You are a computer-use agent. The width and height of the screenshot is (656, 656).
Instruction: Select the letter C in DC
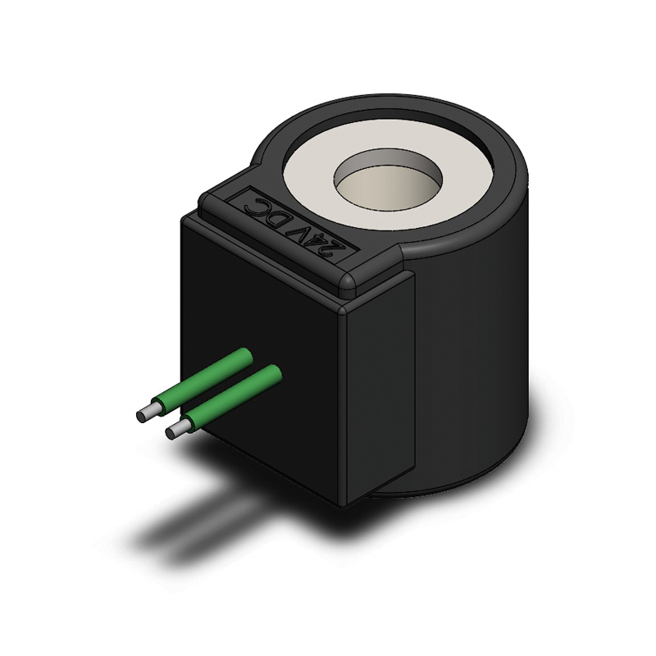[255, 203]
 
